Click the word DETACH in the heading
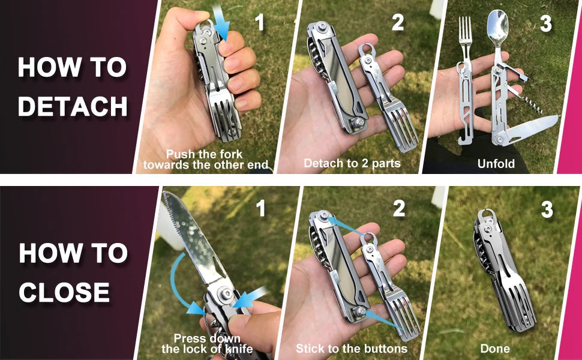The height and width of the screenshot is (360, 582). (73, 106)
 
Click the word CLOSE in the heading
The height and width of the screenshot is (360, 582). (65, 292)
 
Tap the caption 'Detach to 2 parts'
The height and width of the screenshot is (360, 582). (352, 163)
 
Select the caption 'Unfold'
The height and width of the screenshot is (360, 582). (496, 164)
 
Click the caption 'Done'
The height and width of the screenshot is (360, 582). (495, 349)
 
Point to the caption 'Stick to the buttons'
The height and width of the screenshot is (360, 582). (352, 349)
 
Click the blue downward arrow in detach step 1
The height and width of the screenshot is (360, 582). (221, 23)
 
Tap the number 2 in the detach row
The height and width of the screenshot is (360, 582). (398, 23)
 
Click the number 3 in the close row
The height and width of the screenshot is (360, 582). (547, 209)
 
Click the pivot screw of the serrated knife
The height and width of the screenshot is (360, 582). (226, 294)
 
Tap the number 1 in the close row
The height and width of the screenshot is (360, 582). (260, 209)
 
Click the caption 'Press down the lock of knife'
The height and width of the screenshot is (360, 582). (207, 344)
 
